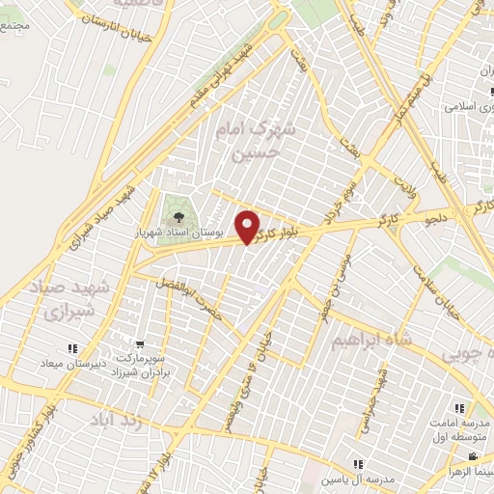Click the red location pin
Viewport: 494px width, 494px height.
[x=249, y=227]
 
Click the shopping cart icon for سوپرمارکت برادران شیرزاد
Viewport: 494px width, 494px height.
[x=141, y=344]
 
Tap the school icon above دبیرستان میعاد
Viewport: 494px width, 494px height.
[x=71, y=348]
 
